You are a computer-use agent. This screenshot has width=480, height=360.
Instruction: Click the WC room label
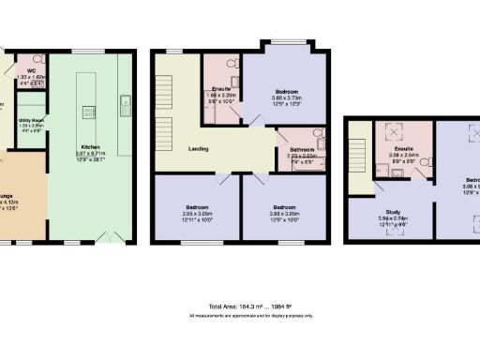pyautogui.click(x=31, y=70)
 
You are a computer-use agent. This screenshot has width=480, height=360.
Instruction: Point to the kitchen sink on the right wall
pyautogui.click(x=124, y=101)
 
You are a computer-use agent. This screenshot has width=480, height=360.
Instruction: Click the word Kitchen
pyautogui.click(x=90, y=148)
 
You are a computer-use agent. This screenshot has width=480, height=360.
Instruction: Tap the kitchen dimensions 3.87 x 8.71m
pyautogui.click(x=90, y=155)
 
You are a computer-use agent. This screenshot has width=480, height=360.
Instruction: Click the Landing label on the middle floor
pyautogui.click(x=197, y=148)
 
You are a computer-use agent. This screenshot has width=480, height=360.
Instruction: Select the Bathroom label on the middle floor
pyautogui.click(x=301, y=149)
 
